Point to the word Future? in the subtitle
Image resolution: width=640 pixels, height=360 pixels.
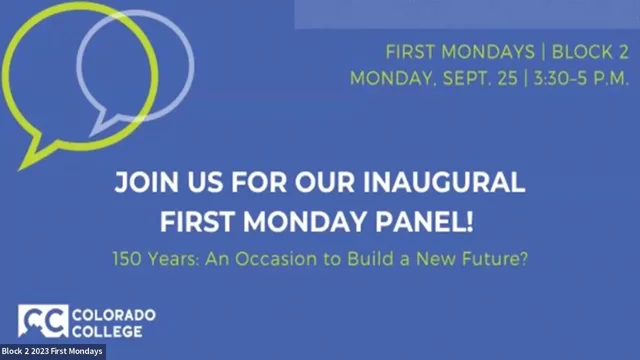coord(499,257)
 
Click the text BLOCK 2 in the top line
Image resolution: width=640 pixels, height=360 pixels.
coord(579,50)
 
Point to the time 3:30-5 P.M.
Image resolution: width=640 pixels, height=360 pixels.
coord(576,75)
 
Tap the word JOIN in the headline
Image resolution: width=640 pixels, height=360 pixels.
coord(146,184)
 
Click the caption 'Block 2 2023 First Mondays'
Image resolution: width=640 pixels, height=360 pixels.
coord(52,352)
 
